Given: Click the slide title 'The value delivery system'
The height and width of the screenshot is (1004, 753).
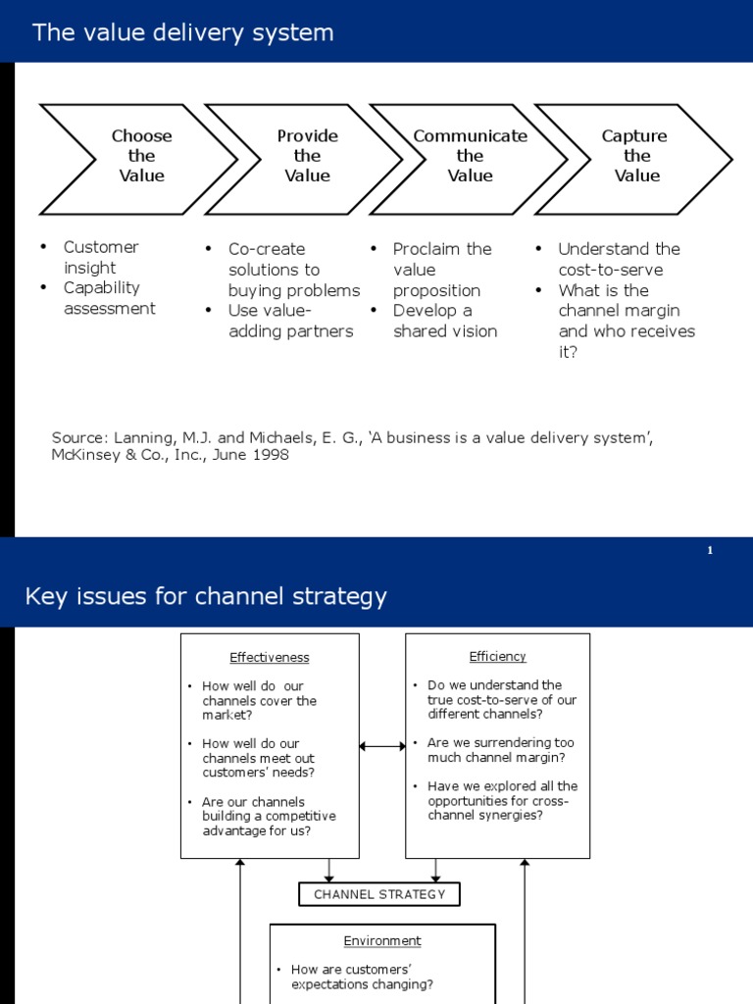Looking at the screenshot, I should click(183, 32).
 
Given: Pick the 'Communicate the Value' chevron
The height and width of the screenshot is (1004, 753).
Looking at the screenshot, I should click(470, 157).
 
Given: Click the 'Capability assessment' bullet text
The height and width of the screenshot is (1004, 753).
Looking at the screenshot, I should click(108, 298).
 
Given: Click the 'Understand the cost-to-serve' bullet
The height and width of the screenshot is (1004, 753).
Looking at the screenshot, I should click(618, 259).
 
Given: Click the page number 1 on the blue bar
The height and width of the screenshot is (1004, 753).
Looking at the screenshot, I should click(710, 551).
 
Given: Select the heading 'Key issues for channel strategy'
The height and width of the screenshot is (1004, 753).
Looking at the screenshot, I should click(206, 596).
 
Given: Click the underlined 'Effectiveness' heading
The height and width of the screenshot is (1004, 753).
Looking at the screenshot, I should click(270, 658).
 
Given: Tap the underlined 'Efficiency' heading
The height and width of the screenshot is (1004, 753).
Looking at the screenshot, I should click(497, 657).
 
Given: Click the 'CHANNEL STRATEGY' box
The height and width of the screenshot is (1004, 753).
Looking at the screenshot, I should click(378, 894).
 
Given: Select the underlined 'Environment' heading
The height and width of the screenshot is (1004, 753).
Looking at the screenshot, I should click(382, 941).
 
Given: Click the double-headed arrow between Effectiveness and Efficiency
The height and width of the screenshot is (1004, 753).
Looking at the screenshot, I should click(382, 746).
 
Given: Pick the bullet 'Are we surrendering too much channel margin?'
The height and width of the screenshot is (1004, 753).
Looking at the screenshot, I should click(500, 750).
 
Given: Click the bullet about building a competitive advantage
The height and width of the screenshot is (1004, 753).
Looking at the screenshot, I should click(268, 817).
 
